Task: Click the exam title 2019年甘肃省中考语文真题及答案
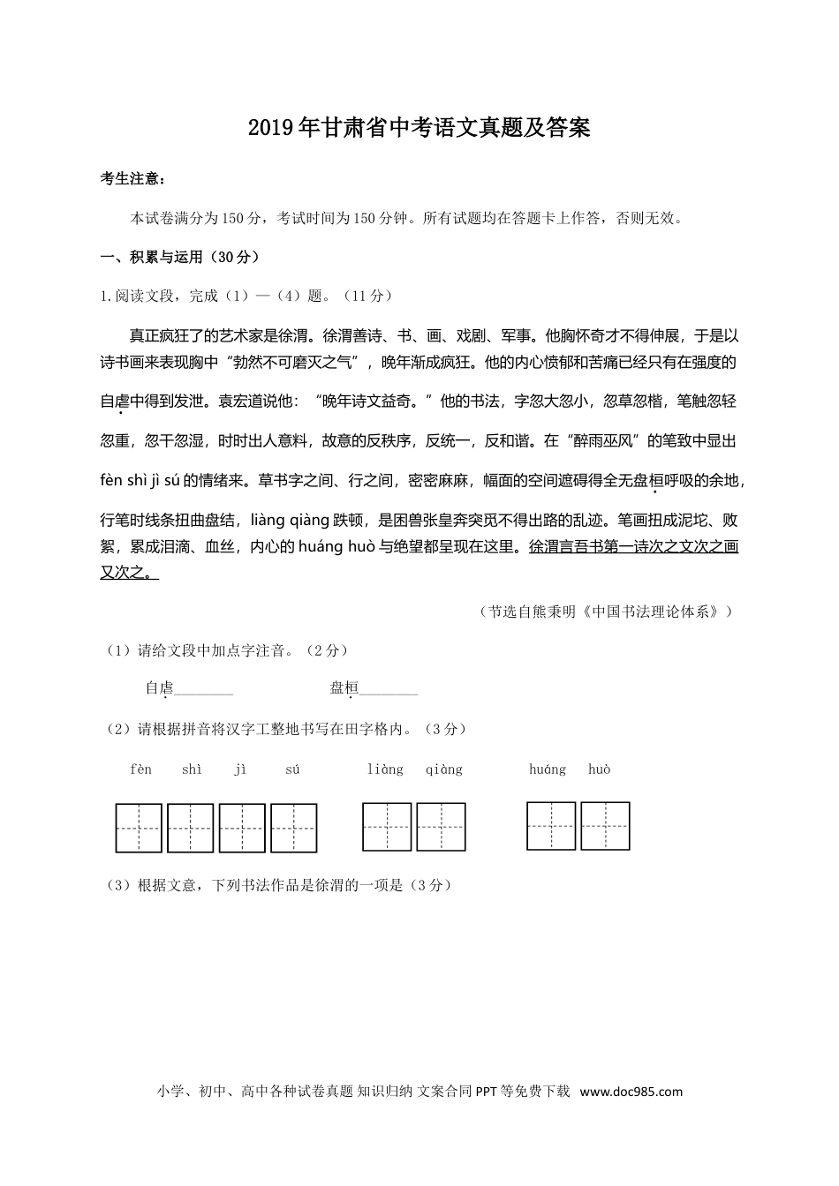(x=419, y=129)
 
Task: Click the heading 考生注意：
(x=133, y=179)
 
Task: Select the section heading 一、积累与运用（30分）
(x=180, y=258)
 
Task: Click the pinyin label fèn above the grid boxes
(x=140, y=769)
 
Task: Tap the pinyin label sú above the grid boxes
(x=292, y=769)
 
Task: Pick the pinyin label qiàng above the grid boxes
(x=443, y=769)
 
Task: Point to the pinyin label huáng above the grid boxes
(x=548, y=769)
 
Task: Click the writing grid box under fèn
(x=139, y=828)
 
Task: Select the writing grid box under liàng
(x=387, y=827)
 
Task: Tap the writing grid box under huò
(x=605, y=826)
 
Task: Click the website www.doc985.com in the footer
(x=630, y=1092)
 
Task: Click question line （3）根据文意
(x=279, y=885)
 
